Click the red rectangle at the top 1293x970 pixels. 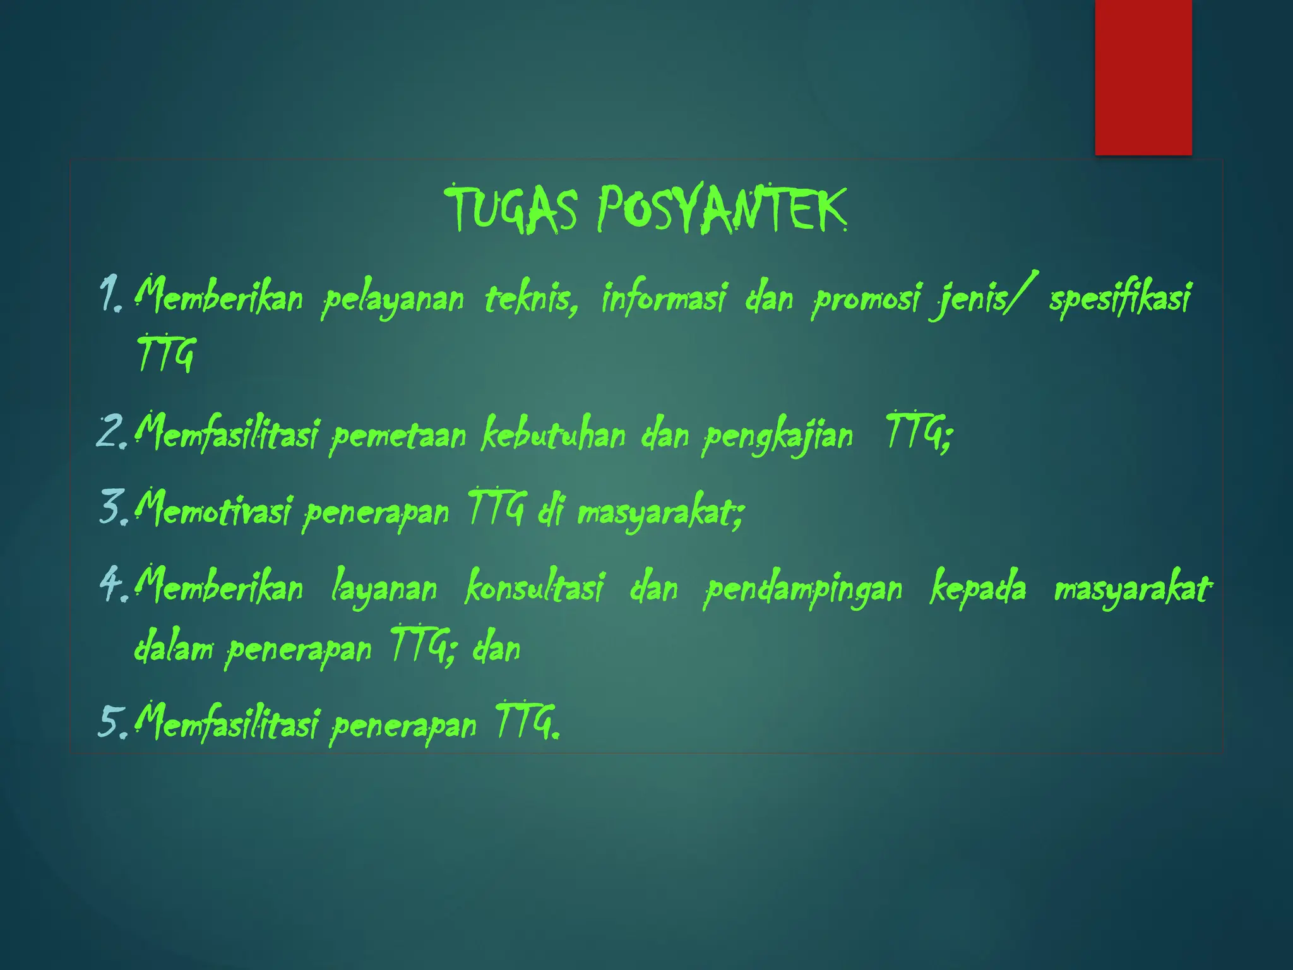point(1143,77)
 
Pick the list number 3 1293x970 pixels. point(114,508)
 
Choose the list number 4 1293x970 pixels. point(114,584)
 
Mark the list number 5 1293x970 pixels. point(114,721)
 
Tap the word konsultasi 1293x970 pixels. point(534,587)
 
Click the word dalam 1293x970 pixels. point(174,648)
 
